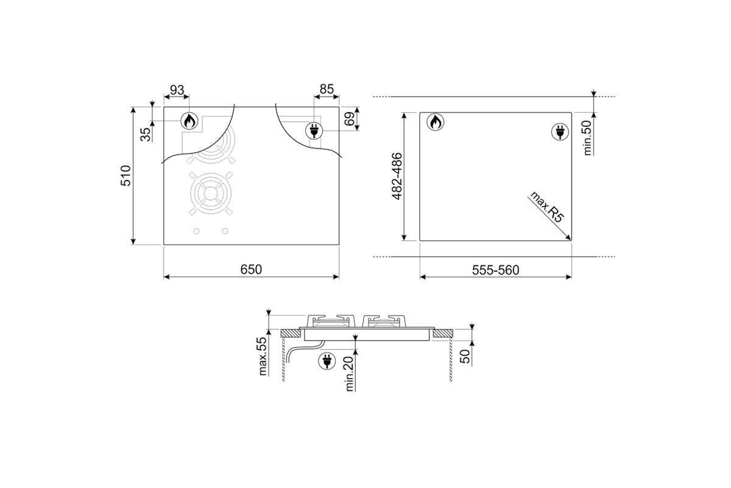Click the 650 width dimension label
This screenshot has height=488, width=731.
[x=251, y=270]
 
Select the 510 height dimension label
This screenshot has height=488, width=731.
[x=126, y=176]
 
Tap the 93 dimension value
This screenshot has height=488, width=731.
[x=177, y=90]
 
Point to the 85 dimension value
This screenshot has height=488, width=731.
[x=327, y=89]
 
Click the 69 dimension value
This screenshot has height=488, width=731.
[x=350, y=119]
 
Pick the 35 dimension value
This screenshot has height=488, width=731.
[x=146, y=134]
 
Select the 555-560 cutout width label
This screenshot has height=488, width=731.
[x=495, y=270]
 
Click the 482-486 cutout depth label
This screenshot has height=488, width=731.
[x=397, y=176]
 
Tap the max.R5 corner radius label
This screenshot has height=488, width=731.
[x=547, y=207]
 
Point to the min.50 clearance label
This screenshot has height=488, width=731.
[x=587, y=138]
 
